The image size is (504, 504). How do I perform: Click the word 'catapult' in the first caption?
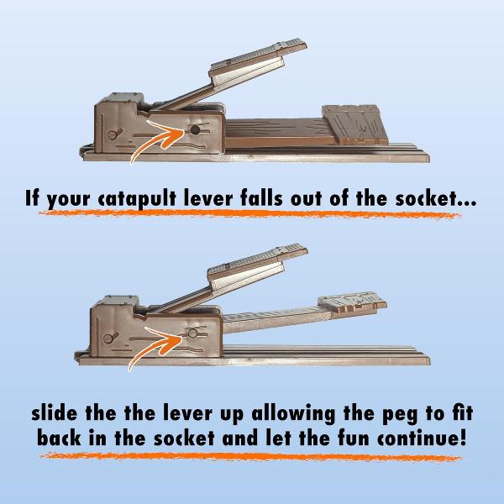click(137, 199)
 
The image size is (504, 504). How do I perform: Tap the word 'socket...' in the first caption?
click(435, 198)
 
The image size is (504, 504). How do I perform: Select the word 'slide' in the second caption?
click(54, 412)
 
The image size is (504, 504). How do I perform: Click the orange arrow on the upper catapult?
click(158, 140)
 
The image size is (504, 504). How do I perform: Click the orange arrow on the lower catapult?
click(156, 346)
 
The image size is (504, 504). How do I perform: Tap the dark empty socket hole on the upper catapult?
click(195, 130)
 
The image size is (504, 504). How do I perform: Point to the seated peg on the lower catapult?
click(192, 333)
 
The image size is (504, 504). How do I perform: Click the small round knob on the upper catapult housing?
click(113, 135)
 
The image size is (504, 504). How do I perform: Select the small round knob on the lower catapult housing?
click(108, 339)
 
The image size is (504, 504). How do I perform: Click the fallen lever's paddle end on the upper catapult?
click(354, 124)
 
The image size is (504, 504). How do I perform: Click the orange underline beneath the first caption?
click(249, 213)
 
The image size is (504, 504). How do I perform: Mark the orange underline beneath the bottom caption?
click(250, 457)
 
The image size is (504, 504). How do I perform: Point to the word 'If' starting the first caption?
click(34, 198)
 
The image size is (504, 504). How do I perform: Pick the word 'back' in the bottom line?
click(59, 438)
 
